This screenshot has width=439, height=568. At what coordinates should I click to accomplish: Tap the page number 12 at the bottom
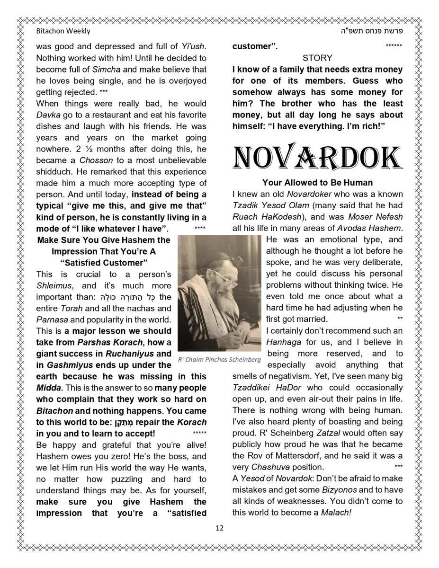(219, 528)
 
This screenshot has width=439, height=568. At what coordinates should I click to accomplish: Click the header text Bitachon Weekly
(63, 31)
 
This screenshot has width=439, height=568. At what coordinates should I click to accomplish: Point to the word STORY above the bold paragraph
(317, 58)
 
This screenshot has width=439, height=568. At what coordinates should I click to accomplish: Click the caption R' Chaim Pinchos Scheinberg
(219, 359)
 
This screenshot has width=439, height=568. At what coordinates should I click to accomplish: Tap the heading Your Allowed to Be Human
(317, 183)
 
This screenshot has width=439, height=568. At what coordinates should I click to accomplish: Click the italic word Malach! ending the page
(336, 513)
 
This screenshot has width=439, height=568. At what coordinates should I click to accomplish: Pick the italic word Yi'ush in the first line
(193, 46)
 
